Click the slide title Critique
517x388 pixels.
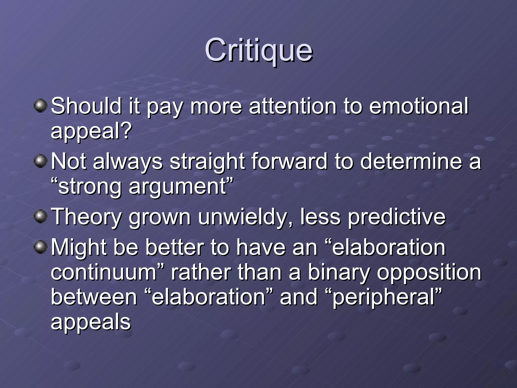258,51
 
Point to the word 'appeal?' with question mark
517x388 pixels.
91,131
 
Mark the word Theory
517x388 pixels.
86,217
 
